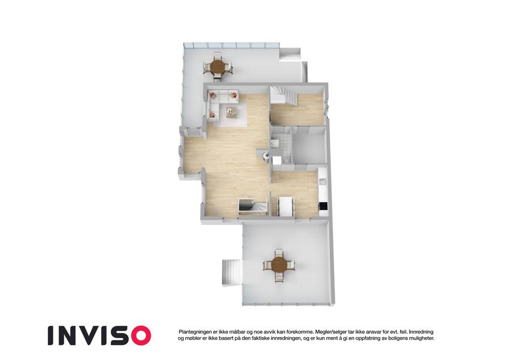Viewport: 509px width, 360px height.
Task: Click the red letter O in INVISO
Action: click(138, 335)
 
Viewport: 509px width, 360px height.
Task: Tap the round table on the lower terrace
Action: click(279, 265)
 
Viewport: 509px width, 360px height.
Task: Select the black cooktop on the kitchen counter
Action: click(323, 205)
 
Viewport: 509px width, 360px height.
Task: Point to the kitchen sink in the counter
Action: click(323, 181)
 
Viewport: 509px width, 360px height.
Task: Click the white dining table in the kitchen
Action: click(285, 206)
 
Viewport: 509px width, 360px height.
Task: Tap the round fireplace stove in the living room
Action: click(266, 157)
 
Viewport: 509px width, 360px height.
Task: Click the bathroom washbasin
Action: click(275, 143)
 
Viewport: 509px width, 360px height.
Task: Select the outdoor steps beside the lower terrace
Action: click(232, 272)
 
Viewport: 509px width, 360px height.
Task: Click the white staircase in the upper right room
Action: click(284, 95)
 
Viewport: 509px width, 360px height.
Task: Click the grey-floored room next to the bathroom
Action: click(309, 146)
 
